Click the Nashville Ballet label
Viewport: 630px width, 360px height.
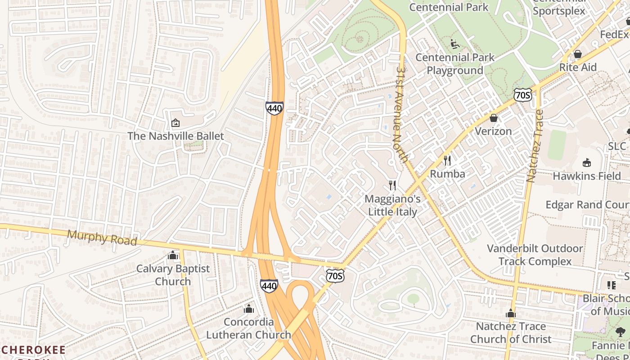click(x=175, y=136)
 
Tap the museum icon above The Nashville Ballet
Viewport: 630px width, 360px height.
click(x=175, y=123)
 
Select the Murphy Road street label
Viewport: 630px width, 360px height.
click(x=102, y=238)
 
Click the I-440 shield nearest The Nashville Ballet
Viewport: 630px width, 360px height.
click(x=274, y=108)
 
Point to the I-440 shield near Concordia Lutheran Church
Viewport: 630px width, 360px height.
click(x=269, y=285)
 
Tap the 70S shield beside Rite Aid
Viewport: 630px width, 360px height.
click(x=522, y=94)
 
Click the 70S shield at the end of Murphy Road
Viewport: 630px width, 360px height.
click(x=335, y=275)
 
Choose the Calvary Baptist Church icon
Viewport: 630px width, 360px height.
click(x=173, y=256)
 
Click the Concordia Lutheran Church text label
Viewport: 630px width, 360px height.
click(x=248, y=328)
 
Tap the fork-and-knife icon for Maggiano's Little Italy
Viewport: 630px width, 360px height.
click(x=392, y=185)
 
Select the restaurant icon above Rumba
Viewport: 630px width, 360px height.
click(x=447, y=160)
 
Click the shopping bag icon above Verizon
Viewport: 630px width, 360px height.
click(x=494, y=118)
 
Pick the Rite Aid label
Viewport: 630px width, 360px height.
click(x=578, y=67)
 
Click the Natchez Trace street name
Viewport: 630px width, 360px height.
click(x=535, y=146)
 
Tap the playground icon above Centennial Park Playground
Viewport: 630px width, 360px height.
click(x=455, y=44)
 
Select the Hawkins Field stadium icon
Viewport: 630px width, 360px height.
click(x=587, y=162)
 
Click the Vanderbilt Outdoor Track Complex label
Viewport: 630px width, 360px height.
click(x=535, y=255)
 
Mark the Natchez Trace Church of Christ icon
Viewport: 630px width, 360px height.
click(x=510, y=313)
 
